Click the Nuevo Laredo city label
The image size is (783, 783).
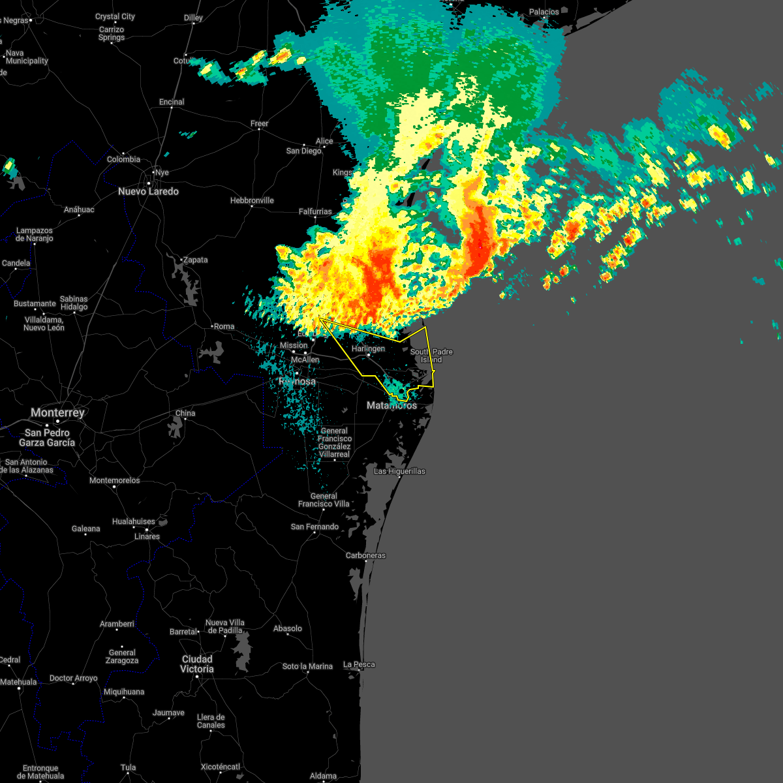click(x=148, y=191)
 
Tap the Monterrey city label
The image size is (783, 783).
click(x=57, y=412)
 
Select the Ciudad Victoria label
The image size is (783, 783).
click(x=196, y=664)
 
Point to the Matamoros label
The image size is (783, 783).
click(x=391, y=405)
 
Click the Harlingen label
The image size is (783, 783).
click(x=368, y=348)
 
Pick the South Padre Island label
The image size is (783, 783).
click(x=431, y=356)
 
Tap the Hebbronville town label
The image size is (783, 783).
click(x=252, y=200)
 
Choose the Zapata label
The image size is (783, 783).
click(x=195, y=260)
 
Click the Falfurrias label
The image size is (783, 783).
click(x=315, y=211)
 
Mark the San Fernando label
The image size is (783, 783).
click(x=315, y=527)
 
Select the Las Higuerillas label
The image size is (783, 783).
click(x=399, y=471)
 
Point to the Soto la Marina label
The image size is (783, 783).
click(x=307, y=666)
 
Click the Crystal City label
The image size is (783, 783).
click(x=115, y=16)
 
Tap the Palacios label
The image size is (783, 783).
click(x=544, y=12)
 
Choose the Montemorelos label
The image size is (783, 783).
click(x=115, y=480)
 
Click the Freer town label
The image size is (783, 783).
click(x=259, y=123)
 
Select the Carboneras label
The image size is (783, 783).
click(x=365, y=555)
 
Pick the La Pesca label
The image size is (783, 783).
click(x=359, y=664)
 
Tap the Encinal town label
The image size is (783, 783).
click(x=172, y=102)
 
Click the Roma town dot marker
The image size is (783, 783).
click(x=212, y=326)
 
